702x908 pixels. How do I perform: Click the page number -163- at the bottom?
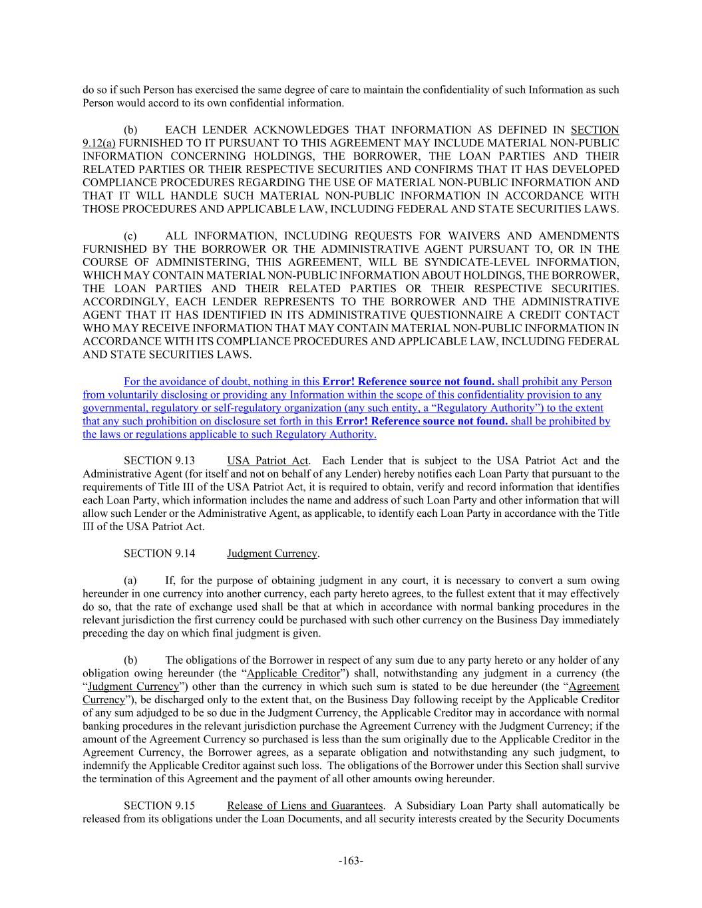point(351,861)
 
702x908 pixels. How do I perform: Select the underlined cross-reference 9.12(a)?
point(99,143)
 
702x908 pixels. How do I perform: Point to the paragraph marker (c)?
point(130,236)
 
